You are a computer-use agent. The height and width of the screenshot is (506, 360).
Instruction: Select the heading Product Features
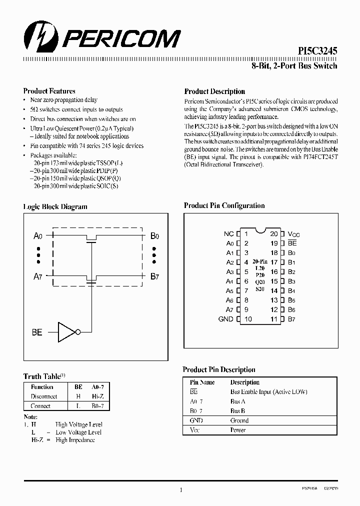pyautogui.click(x=49, y=91)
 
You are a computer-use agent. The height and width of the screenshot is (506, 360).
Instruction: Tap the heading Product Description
pyautogui.click(x=214, y=91)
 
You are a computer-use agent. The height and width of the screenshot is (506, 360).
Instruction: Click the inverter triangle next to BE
pyautogui.click(x=66, y=331)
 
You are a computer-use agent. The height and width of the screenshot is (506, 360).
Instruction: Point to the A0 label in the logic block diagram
pyautogui.click(x=37, y=236)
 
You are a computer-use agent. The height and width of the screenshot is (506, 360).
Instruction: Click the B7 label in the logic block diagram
pyautogui.click(x=154, y=276)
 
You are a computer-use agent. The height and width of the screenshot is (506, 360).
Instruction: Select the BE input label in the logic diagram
pyautogui.click(x=37, y=332)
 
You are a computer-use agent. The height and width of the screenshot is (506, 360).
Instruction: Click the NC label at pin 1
pyautogui.click(x=228, y=233)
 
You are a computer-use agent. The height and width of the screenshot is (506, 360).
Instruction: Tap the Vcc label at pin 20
pyautogui.click(x=293, y=233)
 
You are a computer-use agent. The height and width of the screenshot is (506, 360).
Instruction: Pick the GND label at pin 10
pyautogui.click(x=226, y=319)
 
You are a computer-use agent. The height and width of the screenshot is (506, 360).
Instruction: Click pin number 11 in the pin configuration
pyautogui.click(x=274, y=319)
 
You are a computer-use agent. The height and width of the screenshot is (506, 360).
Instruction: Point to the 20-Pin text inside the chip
pyautogui.click(x=260, y=261)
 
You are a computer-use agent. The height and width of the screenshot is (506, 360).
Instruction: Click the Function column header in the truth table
pyautogui.click(x=42, y=387)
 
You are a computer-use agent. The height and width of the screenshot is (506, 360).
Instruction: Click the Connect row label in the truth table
pyautogui.click(x=40, y=406)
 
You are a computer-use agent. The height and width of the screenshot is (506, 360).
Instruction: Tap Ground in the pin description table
pyautogui.click(x=239, y=420)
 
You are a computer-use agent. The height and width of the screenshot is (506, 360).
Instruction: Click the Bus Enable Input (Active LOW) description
pyautogui.click(x=268, y=392)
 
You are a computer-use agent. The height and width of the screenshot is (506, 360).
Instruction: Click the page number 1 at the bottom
pyautogui.click(x=180, y=490)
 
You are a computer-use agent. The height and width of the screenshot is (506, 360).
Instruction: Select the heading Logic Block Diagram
pyautogui.click(x=55, y=206)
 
